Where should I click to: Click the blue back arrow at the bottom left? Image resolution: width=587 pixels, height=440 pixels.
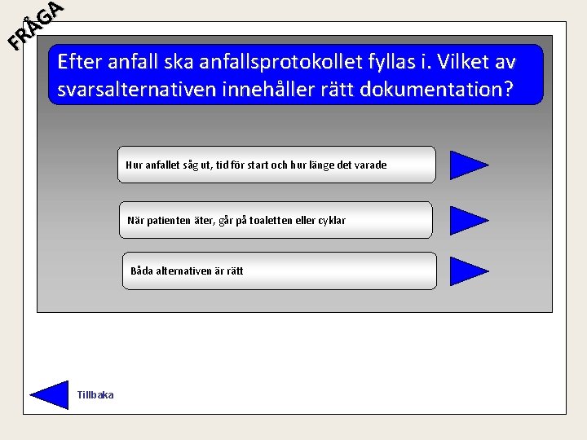(51, 394)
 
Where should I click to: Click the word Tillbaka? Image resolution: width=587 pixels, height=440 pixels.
(95, 395)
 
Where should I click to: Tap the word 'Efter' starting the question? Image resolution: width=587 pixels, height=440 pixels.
(80, 62)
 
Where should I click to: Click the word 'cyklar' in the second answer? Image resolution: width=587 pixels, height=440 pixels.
(330, 221)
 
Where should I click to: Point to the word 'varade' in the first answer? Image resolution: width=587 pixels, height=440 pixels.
(368, 165)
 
